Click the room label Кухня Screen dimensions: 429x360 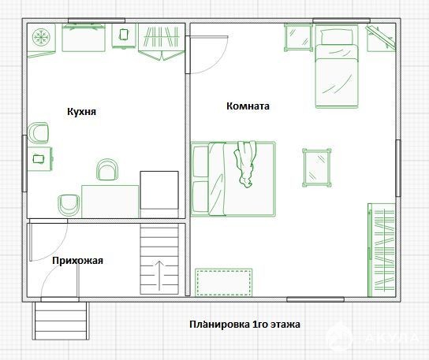pos(81,112)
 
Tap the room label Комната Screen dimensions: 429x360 pos(248,106)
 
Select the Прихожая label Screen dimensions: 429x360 pos(78,260)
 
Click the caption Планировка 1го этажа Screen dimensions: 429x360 pos(245,325)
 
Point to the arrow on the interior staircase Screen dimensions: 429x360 pos(159,276)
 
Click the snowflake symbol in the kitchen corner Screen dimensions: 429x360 pos(41,37)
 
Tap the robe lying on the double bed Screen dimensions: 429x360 pos(245,164)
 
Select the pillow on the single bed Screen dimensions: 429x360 pos(337,37)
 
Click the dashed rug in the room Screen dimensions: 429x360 pos(223,282)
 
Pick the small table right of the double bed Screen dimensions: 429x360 pos(317,168)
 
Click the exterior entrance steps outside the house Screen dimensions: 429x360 pos(61,321)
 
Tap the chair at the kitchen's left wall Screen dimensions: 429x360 pos(39,133)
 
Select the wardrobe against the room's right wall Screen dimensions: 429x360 pos(382,250)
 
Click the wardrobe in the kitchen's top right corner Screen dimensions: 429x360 pos(162,41)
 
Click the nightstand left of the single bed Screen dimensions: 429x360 pos(298,38)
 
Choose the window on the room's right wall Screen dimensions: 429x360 pos(398,168)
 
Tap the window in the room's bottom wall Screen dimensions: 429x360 pos(315,299)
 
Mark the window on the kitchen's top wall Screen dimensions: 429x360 pos(96,20)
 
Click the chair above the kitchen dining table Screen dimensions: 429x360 pos(107,169)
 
